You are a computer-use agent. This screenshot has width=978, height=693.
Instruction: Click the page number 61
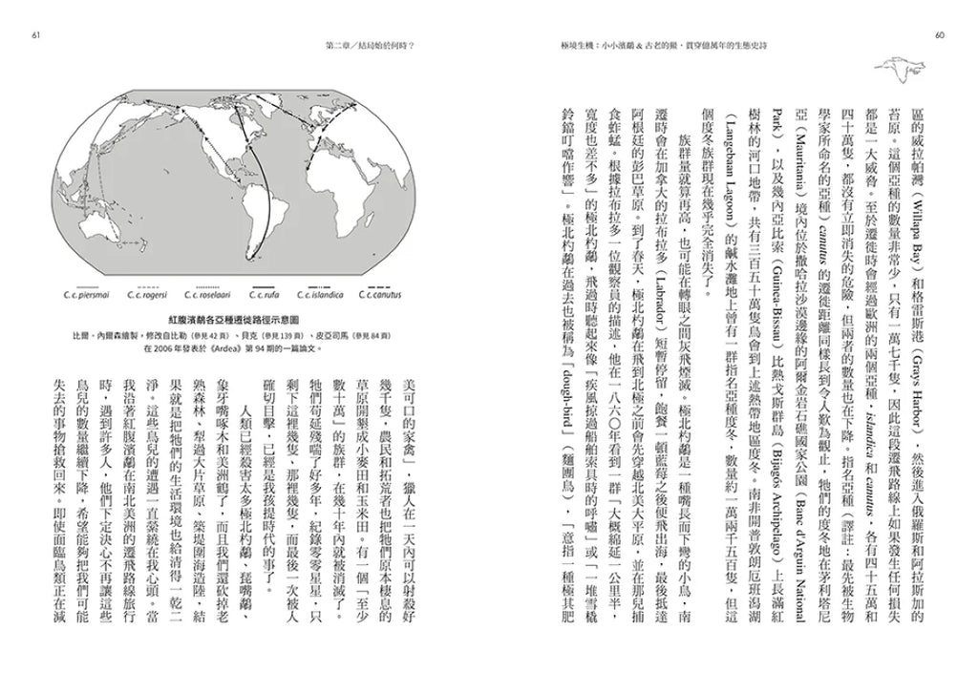point(35,36)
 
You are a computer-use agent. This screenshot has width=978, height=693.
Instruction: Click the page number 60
point(940,36)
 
